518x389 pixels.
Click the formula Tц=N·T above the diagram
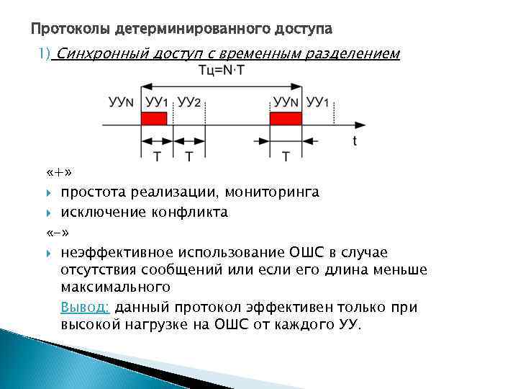point(224,71)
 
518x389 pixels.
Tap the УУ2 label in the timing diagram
point(188,102)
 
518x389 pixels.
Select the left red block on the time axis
point(154,118)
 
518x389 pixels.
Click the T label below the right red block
point(286,156)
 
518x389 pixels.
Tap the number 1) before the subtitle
point(44,54)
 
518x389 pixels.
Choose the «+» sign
point(57,174)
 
